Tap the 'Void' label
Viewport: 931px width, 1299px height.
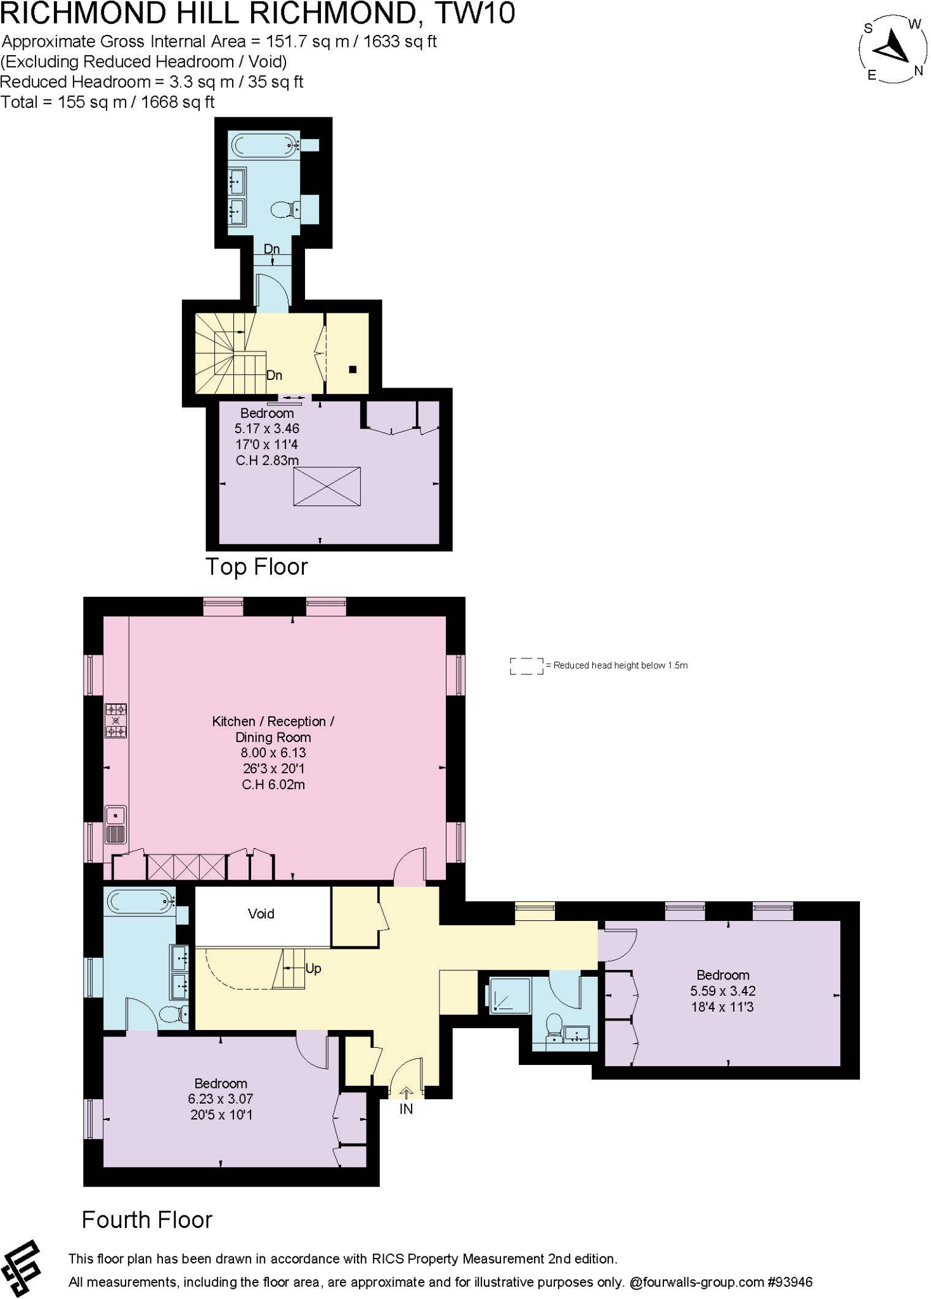261,914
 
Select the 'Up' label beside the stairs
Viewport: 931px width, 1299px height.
313,969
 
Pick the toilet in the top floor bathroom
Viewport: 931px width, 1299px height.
283,209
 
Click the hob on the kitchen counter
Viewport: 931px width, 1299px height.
115,721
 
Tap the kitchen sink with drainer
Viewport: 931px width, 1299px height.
115,824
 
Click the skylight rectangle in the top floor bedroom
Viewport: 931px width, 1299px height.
327,486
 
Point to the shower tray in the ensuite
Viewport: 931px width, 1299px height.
509,995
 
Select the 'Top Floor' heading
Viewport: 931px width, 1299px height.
256,566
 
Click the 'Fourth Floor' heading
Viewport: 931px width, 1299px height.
147,1220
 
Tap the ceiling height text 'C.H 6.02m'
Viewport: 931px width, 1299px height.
273,785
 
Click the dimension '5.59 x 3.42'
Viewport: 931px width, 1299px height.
722,991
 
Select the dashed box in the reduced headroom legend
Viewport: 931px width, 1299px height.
526,665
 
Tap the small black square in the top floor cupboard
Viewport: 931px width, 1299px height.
353,369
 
